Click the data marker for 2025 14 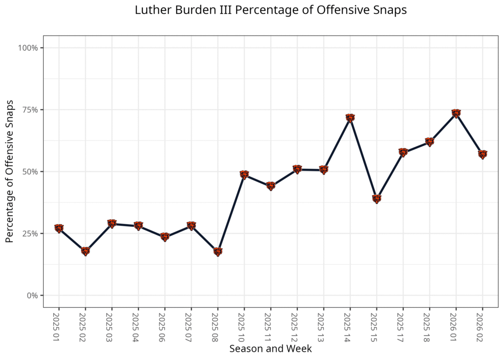coord(350,118)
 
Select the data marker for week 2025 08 coord(218,252)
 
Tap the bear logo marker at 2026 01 coord(456,114)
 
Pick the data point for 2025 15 coord(377,199)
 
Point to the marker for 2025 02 coord(86,251)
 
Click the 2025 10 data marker coord(244,175)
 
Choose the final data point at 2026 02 coord(482,155)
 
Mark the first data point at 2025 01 coord(59,229)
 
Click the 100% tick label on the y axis coord(28,48)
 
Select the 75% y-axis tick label coord(30,110)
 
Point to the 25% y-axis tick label coord(30,233)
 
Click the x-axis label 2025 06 coord(162,327)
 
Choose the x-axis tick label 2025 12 coord(294,327)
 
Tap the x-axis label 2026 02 coord(479,327)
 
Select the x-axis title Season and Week coord(271,349)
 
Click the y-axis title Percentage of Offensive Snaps coord(10,171)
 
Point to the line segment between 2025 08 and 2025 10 coord(231,213)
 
